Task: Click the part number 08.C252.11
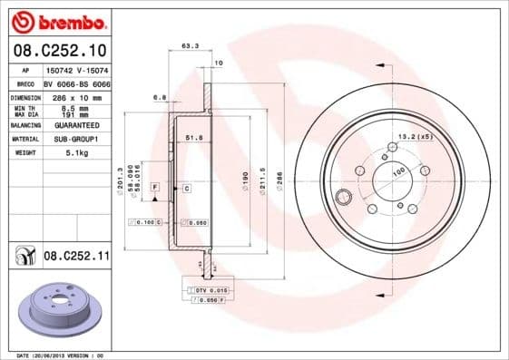(x=76, y=258)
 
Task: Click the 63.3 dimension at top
(x=190, y=44)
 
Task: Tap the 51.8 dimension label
(x=191, y=138)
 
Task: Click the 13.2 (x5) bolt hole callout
(x=413, y=137)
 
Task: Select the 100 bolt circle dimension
(x=397, y=170)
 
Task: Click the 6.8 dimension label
(x=160, y=96)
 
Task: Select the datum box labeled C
(x=185, y=189)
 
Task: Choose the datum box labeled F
(x=155, y=187)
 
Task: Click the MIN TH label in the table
(x=24, y=107)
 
